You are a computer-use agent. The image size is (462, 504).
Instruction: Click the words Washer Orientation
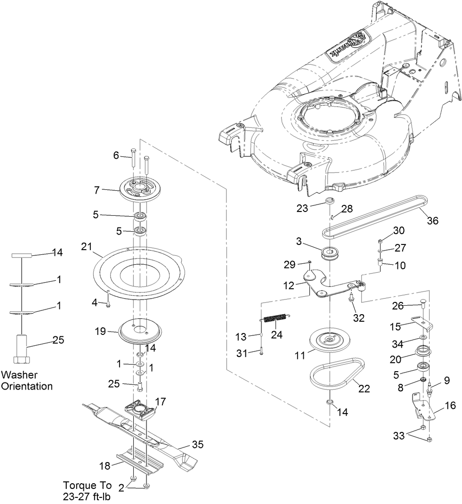point(26,381)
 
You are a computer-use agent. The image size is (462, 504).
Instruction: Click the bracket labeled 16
point(427,408)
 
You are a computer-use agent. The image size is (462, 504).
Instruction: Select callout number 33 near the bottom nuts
point(399,436)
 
